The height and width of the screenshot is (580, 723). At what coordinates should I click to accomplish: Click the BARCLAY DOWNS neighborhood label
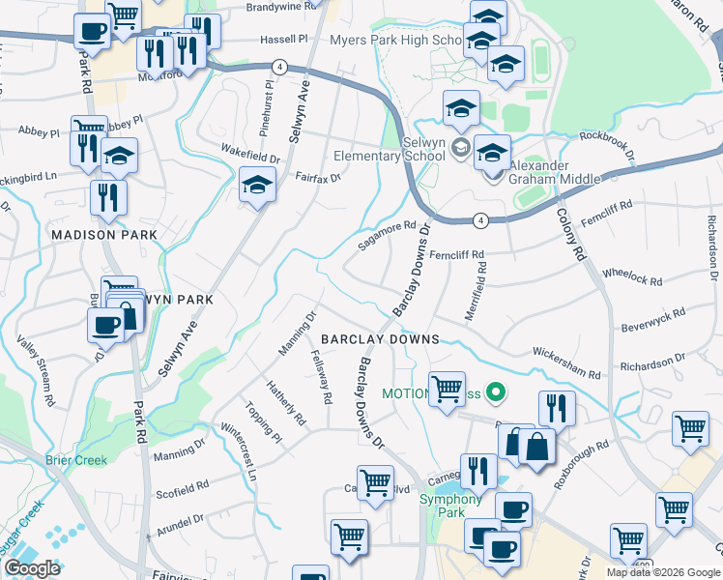pos(380,339)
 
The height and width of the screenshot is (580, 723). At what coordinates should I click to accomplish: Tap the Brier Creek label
pos(76,460)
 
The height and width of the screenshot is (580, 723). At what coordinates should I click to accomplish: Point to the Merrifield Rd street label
pos(478,285)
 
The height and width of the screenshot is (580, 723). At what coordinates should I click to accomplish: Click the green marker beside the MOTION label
pos(496,392)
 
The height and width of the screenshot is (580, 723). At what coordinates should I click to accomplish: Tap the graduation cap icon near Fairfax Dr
pos(257,184)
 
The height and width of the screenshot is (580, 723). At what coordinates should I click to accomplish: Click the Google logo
pos(32,568)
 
